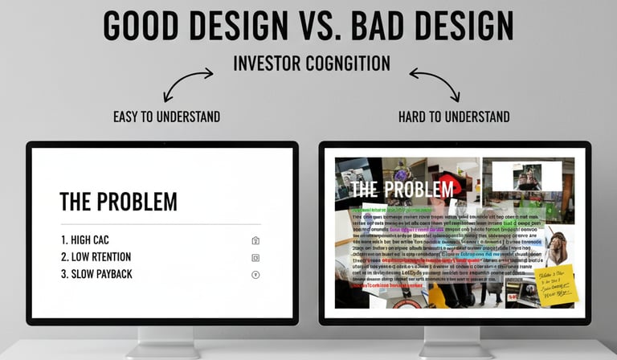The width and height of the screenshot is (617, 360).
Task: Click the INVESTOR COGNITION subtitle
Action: coord(311,63)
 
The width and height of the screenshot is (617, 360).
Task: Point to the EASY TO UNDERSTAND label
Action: coord(166,117)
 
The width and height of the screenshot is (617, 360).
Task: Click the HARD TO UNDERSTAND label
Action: coord(454,117)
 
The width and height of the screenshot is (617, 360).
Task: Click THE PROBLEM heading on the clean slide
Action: coord(118,202)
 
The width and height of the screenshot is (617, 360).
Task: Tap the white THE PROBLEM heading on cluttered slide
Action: coord(402,190)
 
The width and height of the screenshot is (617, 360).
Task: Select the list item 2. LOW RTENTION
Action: coord(96,257)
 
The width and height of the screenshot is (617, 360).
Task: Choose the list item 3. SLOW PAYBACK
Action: coord(96,274)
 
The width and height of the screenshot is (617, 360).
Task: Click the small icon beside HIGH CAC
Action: coord(255,240)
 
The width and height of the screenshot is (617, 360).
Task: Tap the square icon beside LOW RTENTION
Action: coord(255,257)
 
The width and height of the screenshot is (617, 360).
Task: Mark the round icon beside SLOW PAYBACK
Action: coord(255,275)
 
